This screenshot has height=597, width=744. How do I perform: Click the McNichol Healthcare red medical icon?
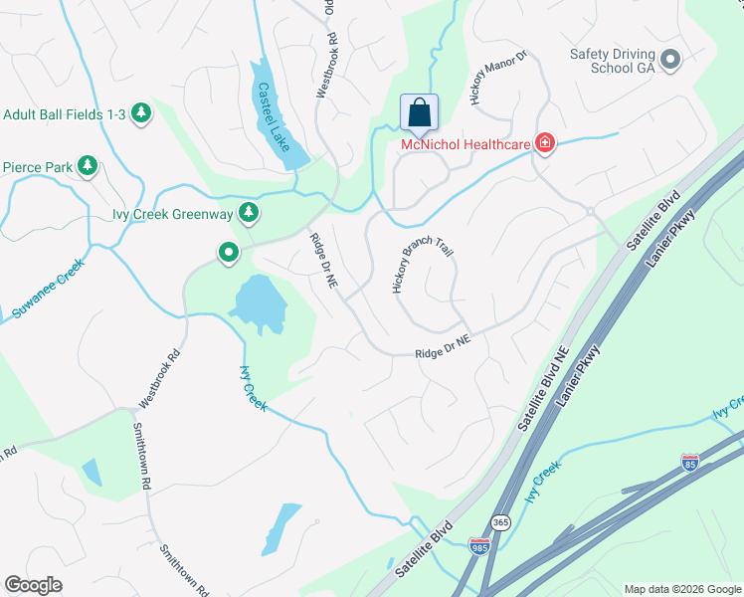click(x=544, y=144)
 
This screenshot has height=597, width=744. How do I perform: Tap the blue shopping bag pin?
click(x=419, y=110)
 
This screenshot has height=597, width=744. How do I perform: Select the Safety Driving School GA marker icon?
click(x=669, y=60)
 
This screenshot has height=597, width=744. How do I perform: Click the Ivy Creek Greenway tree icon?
click(x=249, y=212)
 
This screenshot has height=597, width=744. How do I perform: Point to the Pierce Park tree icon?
click(x=88, y=166)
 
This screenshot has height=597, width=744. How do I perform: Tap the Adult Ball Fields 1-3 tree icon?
click(x=141, y=114)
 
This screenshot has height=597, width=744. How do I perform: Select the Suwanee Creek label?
click(x=44, y=289)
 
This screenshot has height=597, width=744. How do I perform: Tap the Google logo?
click(x=34, y=585)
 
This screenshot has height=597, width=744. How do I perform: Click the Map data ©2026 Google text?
click(x=681, y=588)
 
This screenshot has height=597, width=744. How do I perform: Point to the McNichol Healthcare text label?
click(x=465, y=145)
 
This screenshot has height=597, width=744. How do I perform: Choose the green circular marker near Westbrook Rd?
click(x=228, y=254)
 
